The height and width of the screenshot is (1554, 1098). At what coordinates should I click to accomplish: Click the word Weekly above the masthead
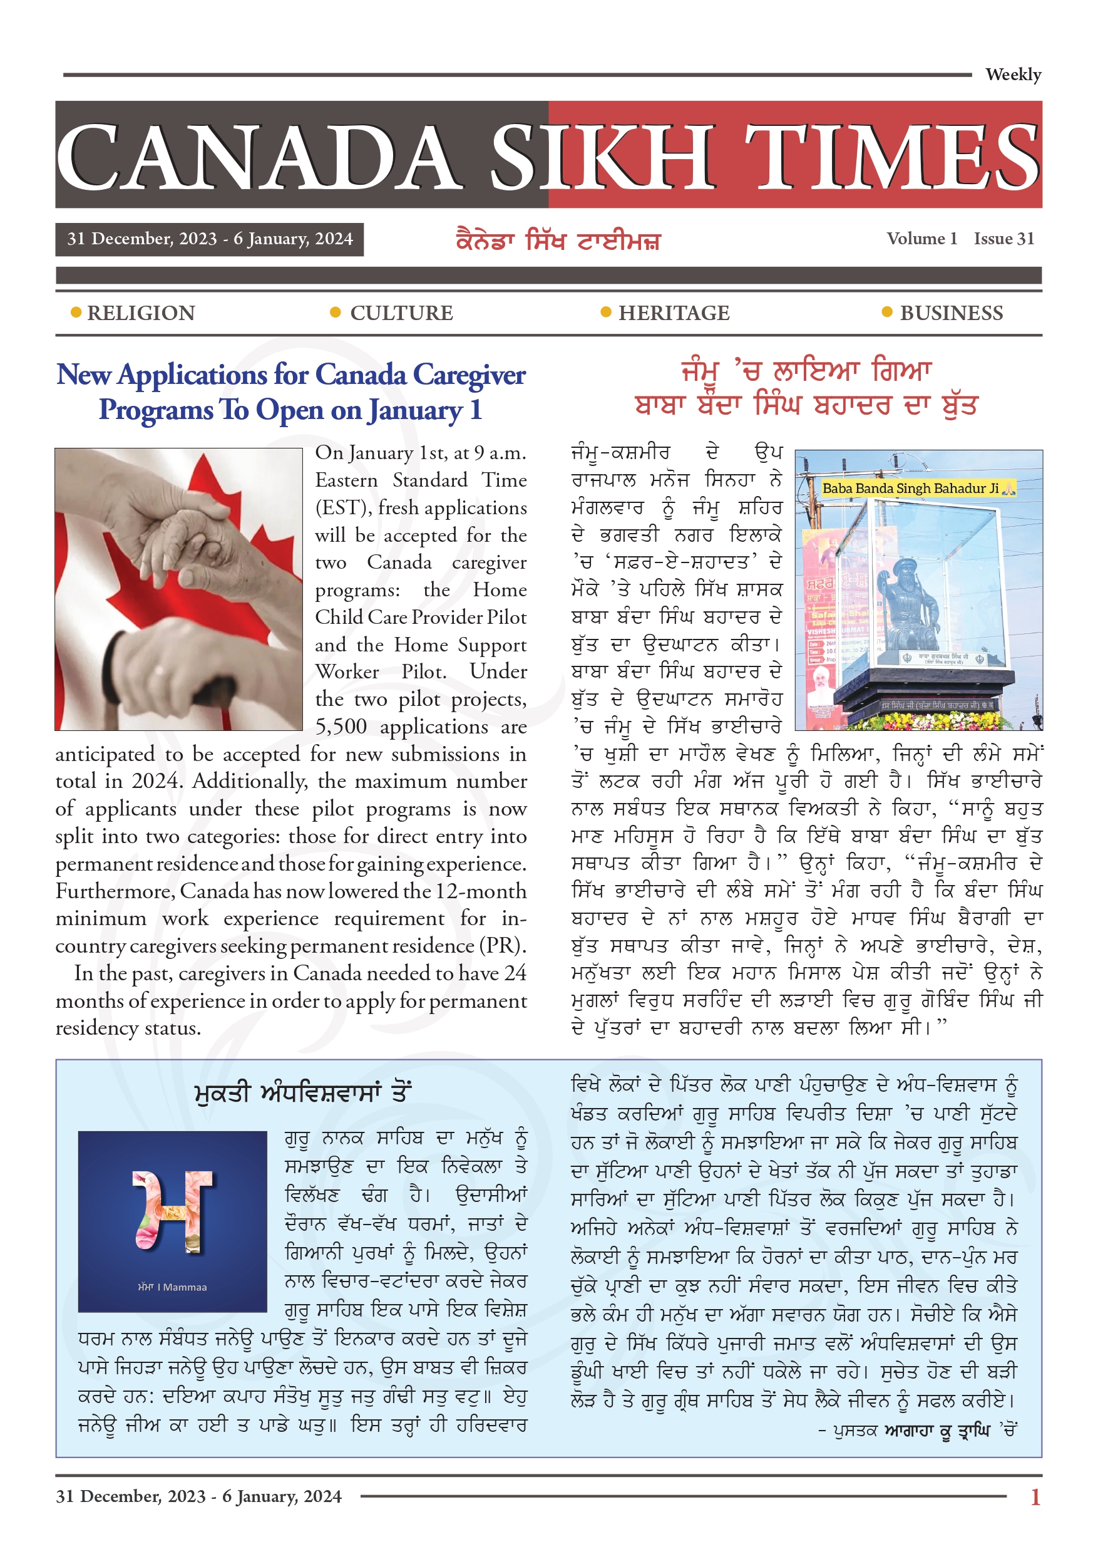tap(1012, 75)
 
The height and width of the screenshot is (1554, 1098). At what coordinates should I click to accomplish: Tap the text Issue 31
tap(1004, 238)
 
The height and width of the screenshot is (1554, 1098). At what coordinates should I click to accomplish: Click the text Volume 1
tap(921, 238)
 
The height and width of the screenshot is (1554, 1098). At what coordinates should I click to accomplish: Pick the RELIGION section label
tap(141, 313)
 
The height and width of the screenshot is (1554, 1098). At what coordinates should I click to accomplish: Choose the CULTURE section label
tap(401, 313)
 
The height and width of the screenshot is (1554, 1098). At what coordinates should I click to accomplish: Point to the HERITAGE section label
tap(674, 313)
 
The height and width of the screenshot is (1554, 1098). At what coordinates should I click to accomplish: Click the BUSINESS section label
tap(951, 313)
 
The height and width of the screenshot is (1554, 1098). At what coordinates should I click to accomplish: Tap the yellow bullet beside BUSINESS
tap(887, 312)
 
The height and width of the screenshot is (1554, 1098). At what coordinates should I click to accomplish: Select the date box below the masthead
tap(210, 239)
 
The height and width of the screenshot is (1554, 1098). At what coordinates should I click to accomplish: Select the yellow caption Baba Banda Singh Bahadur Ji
tap(918, 488)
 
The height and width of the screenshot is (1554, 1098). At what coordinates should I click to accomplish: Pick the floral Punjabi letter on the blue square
tap(173, 1210)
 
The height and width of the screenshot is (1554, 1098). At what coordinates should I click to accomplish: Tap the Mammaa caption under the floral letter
tap(173, 1287)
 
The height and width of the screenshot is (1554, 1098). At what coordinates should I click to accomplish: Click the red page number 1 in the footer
tap(1034, 1496)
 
